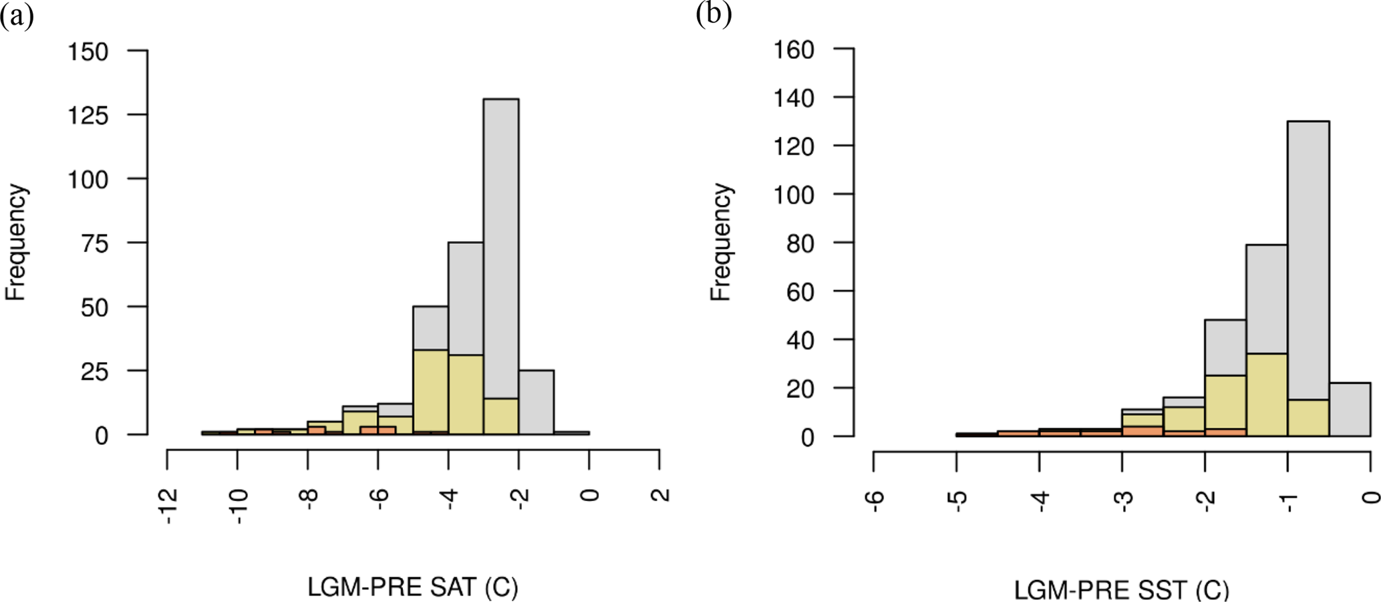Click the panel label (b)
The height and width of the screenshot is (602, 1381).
point(713,13)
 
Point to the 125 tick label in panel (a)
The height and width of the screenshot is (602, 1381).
point(88,116)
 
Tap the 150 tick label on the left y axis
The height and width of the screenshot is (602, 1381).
point(88,51)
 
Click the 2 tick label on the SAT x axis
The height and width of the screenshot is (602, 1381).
point(659,495)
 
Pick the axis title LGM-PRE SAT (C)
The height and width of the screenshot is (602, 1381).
point(412,587)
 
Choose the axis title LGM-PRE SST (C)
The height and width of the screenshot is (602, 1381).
point(1121,590)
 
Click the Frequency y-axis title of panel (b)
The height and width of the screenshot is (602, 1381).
point(721,242)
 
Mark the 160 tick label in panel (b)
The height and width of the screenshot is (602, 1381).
point(794,49)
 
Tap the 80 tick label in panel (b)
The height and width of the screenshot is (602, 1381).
point(800,243)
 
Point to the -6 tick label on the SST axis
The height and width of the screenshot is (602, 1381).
point(876,498)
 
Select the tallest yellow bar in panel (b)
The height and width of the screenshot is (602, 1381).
point(1267,394)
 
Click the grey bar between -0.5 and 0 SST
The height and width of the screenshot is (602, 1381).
point(1350,409)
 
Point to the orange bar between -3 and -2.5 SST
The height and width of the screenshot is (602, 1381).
point(1142,431)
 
